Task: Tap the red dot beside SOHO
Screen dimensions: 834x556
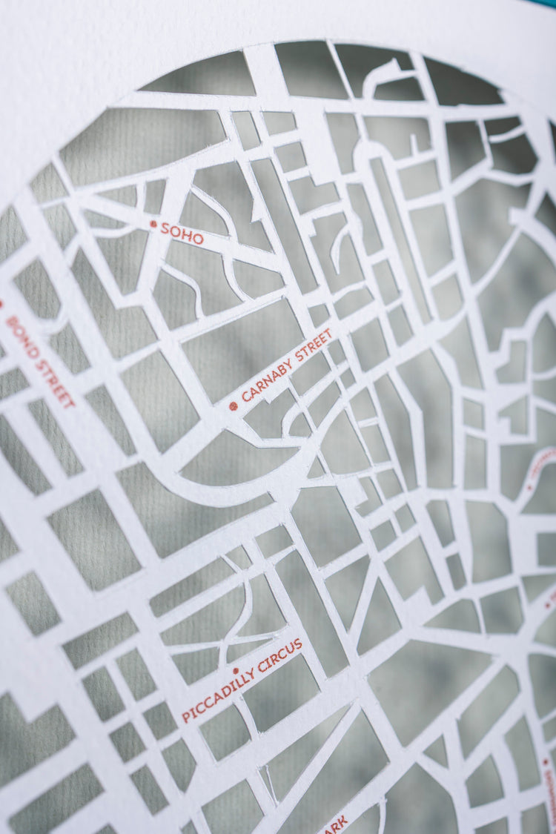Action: click(153, 223)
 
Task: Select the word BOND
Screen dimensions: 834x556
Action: click(22, 337)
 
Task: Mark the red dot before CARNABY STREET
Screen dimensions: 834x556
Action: click(233, 406)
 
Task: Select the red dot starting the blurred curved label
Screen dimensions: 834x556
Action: click(529, 487)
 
